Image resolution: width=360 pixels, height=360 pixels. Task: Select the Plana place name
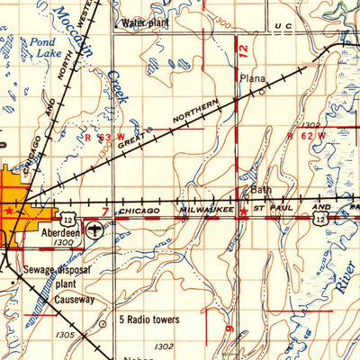click(x=251, y=78)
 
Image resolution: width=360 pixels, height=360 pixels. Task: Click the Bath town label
click(x=260, y=191)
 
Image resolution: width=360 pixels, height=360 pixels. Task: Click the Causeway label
click(x=71, y=299)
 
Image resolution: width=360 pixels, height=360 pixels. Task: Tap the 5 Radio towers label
click(x=149, y=319)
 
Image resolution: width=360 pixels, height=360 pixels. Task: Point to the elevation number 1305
click(x=64, y=334)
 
